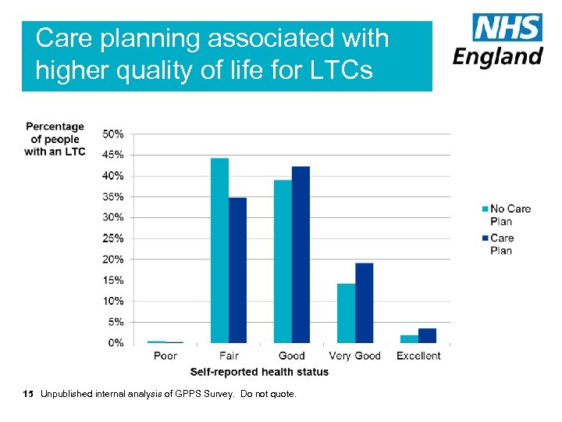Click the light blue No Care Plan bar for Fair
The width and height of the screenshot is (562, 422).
tap(219, 250)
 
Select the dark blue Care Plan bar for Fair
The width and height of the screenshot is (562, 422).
tap(237, 270)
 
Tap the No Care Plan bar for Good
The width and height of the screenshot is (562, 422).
tap(283, 261)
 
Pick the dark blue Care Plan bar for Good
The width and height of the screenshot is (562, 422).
tap(301, 254)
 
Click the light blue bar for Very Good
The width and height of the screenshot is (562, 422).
tap(346, 313)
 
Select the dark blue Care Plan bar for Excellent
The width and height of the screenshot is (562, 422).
tap(427, 335)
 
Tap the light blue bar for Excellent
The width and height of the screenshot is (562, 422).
tap(409, 338)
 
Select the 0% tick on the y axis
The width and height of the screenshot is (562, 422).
tap(116, 342)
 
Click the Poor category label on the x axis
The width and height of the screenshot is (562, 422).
tap(165, 356)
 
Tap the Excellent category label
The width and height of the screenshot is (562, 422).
tap(418, 356)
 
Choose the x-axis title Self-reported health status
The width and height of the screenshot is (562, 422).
tap(259, 372)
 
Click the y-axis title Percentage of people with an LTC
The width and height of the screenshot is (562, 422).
tap(55, 138)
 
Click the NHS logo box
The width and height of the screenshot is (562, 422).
tap(507, 28)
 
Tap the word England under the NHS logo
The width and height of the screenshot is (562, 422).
tap(498, 57)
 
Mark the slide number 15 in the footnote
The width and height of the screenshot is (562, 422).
tap(29, 394)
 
